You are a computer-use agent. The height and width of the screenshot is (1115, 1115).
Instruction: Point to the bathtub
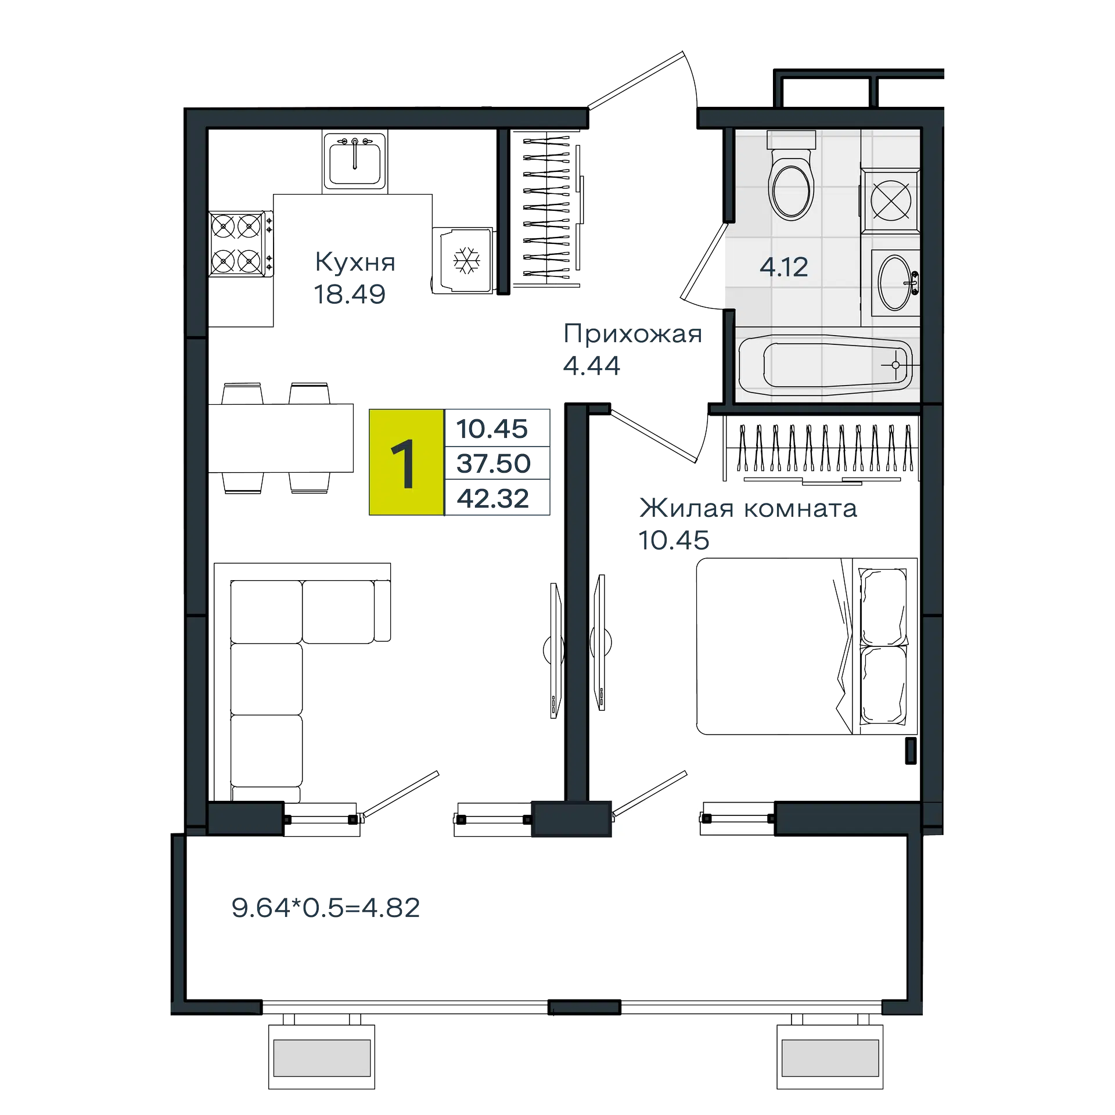point(826,365)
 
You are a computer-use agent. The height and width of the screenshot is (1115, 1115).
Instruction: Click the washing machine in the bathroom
point(890,201)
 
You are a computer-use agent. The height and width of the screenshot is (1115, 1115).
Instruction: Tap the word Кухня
point(355,262)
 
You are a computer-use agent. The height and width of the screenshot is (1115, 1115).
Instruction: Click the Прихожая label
point(633,334)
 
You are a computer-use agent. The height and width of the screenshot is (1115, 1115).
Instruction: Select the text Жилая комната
point(748,509)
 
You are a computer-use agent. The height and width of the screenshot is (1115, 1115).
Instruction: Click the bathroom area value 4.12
point(784,267)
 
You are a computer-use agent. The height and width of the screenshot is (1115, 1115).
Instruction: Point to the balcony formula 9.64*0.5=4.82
point(326,908)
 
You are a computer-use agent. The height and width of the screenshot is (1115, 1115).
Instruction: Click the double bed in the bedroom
point(807,646)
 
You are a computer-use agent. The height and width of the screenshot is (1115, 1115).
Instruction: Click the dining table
point(280,438)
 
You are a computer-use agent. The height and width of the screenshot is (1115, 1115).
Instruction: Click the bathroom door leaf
point(704,260)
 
